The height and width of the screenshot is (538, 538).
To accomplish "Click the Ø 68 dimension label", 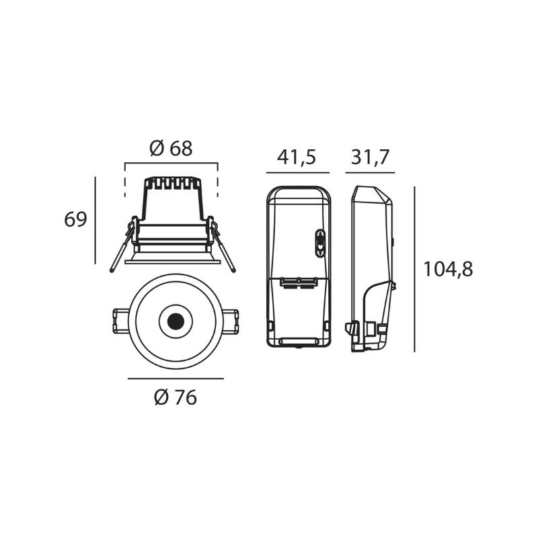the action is coord(171,149).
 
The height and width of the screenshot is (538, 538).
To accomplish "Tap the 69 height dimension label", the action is coord(75,219).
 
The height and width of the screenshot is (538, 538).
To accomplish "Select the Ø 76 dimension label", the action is coord(176,397).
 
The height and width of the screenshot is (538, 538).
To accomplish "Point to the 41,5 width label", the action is coord(297,157).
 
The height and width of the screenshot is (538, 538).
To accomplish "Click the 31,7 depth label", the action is coord(371,157).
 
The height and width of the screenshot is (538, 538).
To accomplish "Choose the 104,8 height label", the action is coord(448,269).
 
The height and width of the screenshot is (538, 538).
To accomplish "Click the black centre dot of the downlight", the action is coord(176,321).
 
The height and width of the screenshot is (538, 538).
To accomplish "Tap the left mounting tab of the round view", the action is coord(122,321).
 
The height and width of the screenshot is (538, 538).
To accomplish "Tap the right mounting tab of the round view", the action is coord(230,321).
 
